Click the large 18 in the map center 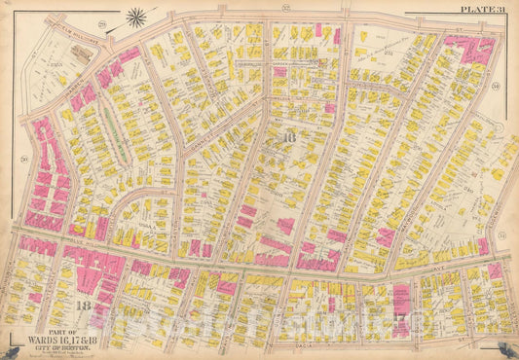pyautogui.click(x=287, y=139)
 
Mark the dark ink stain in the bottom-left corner pyautogui.click(x=8, y=352)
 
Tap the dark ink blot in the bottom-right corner pyautogui.click(x=511, y=352)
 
